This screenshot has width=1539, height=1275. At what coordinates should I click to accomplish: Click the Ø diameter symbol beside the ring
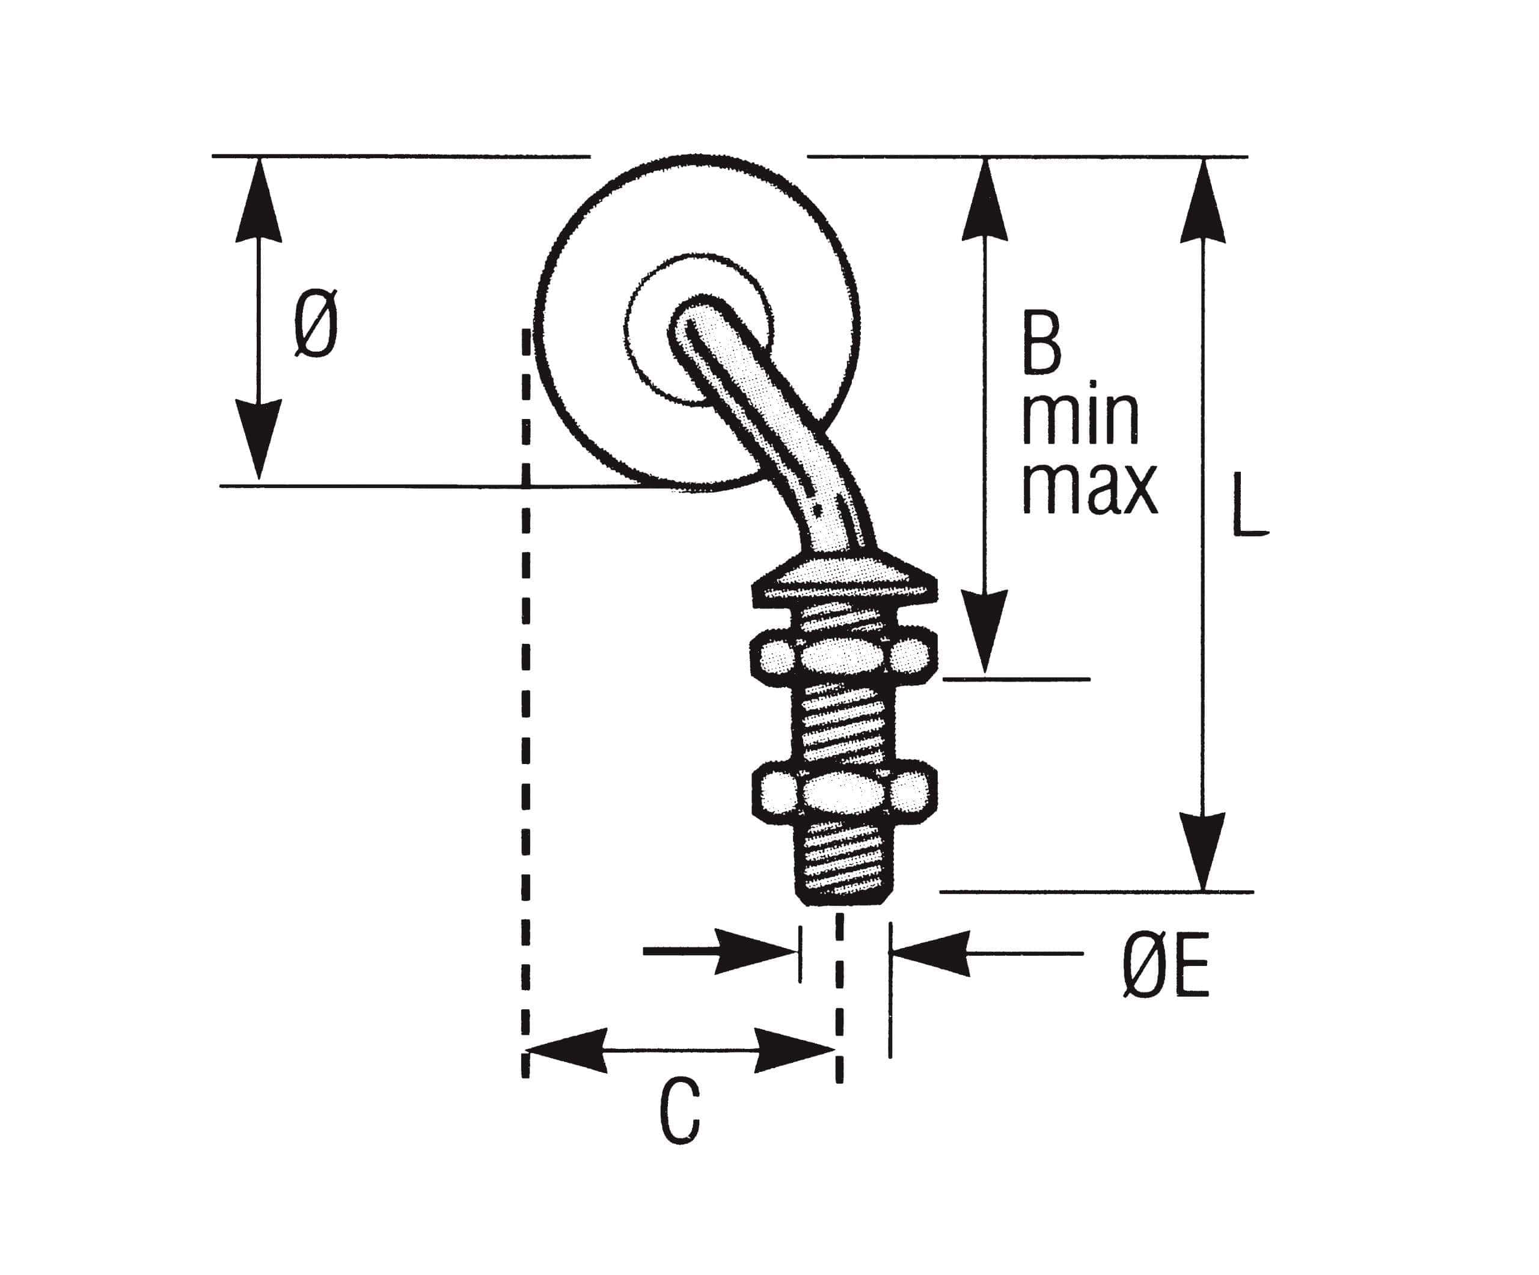click(317, 323)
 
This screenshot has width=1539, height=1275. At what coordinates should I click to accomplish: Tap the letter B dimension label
click(1041, 345)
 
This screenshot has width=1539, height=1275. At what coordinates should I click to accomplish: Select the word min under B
click(1081, 418)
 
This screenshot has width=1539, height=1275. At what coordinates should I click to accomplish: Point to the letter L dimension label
click(1249, 506)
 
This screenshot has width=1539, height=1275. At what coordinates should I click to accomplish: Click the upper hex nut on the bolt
click(843, 655)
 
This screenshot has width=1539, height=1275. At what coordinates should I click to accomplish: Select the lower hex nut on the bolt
click(844, 794)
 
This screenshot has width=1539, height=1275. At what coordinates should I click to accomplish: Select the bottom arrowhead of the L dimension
click(1202, 850)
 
